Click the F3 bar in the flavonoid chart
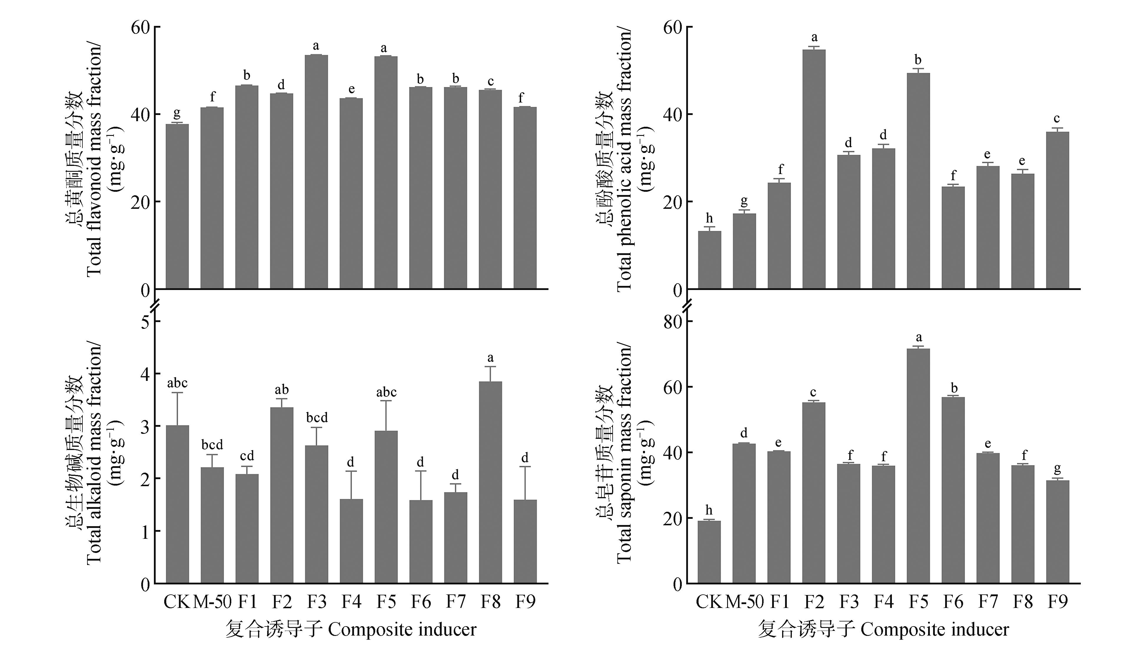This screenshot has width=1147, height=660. click(316, 172)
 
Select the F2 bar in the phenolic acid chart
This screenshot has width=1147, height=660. click(814, 170)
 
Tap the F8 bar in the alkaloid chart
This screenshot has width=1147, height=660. click(490, 483)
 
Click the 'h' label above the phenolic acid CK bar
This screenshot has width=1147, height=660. click(709, 219)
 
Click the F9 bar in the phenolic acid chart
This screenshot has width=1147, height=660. click(1057, 211)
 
